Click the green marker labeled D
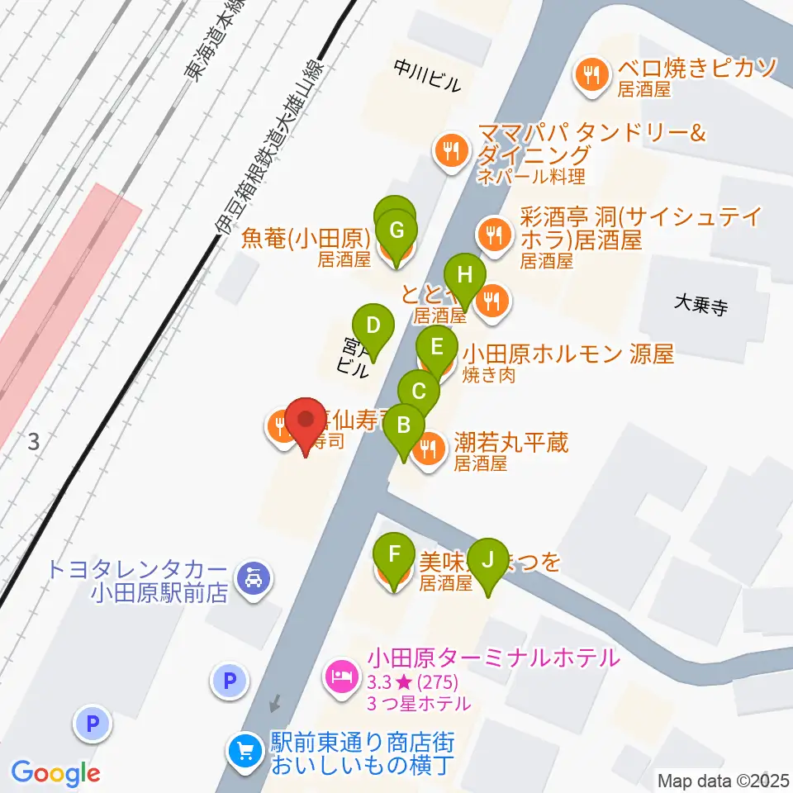click(373, 325)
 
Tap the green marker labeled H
click(464, 274)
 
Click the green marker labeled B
click(404, 425)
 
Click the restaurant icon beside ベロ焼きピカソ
click(592, 75)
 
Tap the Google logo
click(55, 772)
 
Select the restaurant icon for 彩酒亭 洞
click(494, 232)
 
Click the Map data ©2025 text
click(724, 780)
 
